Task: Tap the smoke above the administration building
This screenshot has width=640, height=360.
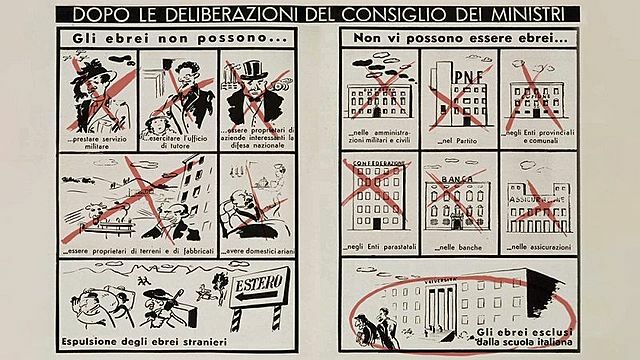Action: (x=369, y=66)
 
